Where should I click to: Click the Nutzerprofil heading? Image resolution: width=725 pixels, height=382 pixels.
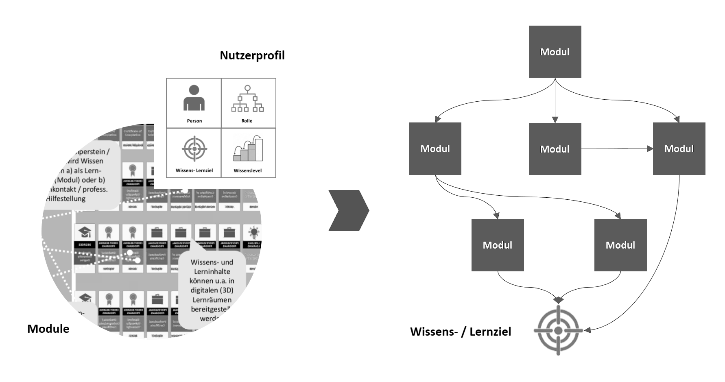pos(252,55)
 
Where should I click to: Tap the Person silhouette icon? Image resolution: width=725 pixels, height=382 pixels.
pos(194,98)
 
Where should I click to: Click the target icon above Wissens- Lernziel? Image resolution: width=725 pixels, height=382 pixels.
pos(194,149)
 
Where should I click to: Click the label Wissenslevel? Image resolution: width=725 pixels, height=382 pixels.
pos(247,171)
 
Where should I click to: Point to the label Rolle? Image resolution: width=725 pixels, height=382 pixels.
pos(247,121)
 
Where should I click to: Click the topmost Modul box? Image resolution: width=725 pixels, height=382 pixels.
pos(555,52)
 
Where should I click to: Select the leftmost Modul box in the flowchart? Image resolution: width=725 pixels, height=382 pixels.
pos(435,148)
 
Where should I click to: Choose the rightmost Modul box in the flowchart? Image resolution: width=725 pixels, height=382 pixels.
pos(679,148)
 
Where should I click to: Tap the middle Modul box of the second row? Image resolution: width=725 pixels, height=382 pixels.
pos(555,149)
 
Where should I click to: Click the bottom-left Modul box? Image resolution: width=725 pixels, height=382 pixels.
pos(497,245)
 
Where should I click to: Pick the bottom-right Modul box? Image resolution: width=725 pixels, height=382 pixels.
pos(620,245)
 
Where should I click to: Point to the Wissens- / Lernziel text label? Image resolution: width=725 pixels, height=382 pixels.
pos(461,332)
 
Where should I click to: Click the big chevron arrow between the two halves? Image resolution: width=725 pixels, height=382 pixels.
pos(349,210)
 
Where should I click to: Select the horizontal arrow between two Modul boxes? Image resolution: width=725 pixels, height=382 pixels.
pos(617,149)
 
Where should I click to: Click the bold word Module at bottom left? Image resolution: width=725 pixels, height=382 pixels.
pos(48,329)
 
